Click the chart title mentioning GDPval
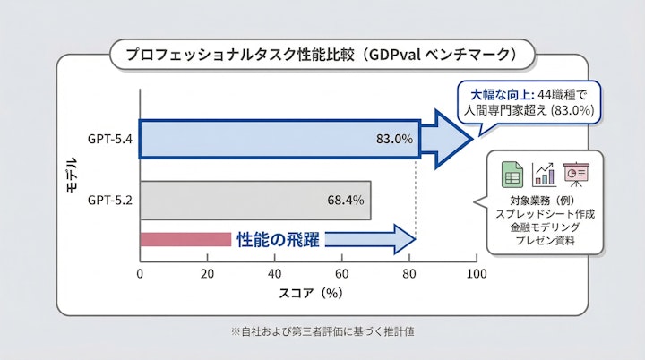[322, 55]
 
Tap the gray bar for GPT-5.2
[255, 200]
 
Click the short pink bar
[185, 239]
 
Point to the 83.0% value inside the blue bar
[394, 139]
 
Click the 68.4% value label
[346, 200]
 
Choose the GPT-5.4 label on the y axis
[110, 139]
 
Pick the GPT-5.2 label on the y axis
[110, 200]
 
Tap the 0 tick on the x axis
[141, 273]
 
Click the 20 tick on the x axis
[208, 273]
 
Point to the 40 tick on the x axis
[275, 273]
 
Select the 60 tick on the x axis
[342, 273]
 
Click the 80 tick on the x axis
[409, 273]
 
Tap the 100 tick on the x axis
[477, 273]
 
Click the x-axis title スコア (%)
[308, 292]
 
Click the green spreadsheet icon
[512, 173]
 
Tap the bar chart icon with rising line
[544, 173]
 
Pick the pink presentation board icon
[574, 173]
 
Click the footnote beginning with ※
[322, 331]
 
